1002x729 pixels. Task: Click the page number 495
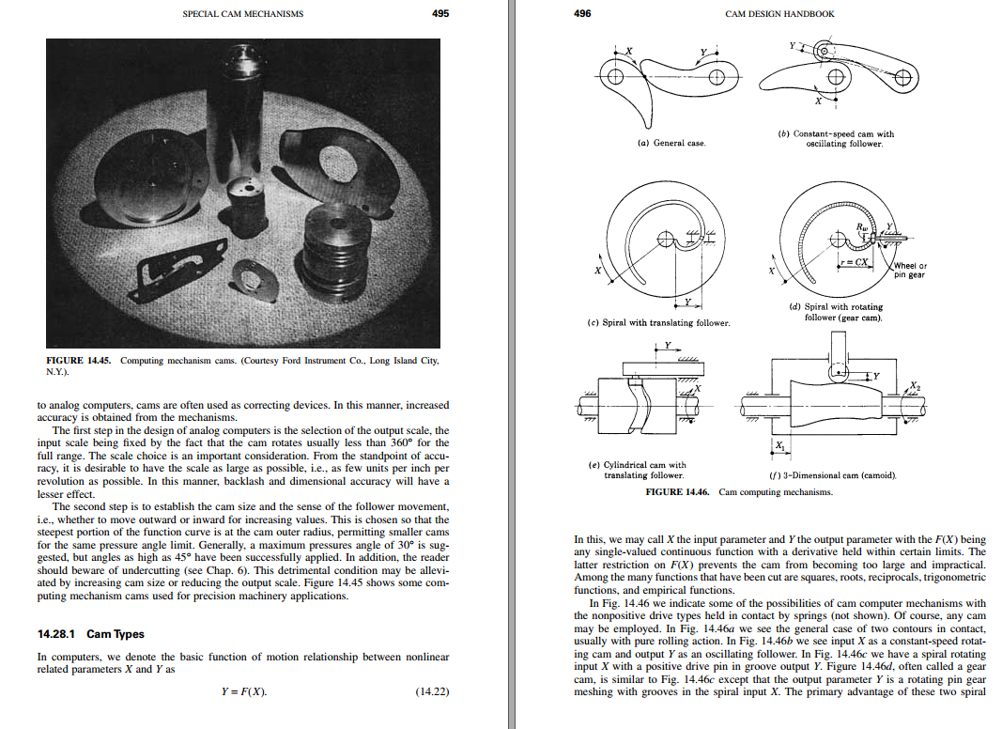click(x=440, y=13)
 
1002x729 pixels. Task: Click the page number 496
click(x=582, y=13)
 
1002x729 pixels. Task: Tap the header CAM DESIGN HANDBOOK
click(x=779, y=14)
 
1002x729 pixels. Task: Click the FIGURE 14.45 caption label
click(x=79, y=361)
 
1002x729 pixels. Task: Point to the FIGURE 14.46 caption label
click(x=678, y=491)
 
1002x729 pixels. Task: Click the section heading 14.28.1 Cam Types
click(x=91, y=634)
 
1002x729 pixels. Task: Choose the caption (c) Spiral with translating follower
click(x=657, y=323)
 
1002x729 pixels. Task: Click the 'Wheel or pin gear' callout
click(x=909, y=270)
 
